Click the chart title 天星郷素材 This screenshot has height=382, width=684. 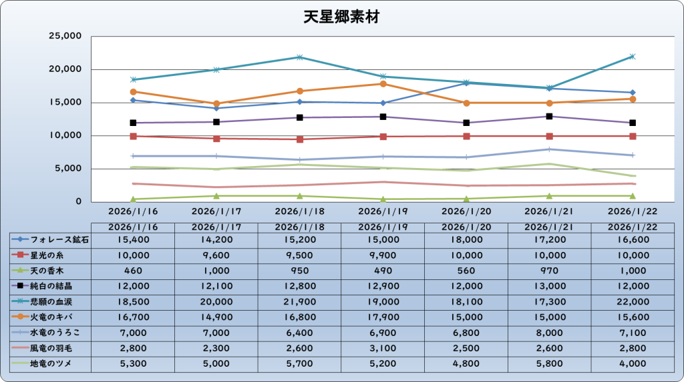(341, 17)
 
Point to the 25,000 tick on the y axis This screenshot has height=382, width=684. (65, 36)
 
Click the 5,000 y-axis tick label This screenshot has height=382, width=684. (68, 169)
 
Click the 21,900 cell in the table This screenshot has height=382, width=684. (299, 301)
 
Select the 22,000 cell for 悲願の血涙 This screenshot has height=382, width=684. (633, 301)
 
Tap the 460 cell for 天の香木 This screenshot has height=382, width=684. (133, 270)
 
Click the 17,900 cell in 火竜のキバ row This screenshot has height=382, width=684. (383, 317)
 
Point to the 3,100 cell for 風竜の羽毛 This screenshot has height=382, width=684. (383, 348)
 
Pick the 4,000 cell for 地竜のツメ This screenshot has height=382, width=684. (633, 363)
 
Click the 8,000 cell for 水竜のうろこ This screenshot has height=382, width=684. (549, 332)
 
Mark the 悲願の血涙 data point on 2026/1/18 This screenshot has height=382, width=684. (300, 57)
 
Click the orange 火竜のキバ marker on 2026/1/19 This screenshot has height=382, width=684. (383, 83)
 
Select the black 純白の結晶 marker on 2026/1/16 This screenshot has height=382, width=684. (133, 123)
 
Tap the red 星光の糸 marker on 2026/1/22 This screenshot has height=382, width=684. (633, 136)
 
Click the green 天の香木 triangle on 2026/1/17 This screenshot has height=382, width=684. (216, 195)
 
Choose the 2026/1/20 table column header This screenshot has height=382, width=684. (466, 227)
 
